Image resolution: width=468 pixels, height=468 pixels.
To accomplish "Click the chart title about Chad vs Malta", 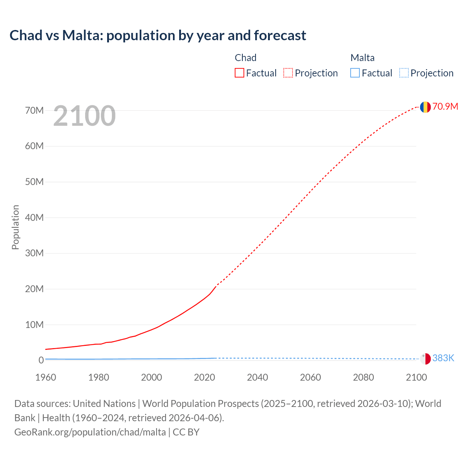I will tap(158, 35).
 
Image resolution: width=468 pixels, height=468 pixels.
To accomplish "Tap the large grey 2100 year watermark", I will tap(84, 116).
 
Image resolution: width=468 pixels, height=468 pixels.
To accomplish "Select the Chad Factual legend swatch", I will tap(239, 73).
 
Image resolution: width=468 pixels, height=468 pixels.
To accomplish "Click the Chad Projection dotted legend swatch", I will tap(288, 73).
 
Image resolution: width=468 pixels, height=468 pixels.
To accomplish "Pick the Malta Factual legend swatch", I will tap(355, 73).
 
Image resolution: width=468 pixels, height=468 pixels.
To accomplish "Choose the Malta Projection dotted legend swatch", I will tap(404, 73).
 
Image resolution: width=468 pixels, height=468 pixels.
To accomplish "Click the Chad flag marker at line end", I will tap(425, 107).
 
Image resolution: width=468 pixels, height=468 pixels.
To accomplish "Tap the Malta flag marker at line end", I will tap(425, 359).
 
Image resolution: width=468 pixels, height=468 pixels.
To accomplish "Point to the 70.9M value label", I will tap(445, 106).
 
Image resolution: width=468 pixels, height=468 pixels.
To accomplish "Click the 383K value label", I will tap(443, 358).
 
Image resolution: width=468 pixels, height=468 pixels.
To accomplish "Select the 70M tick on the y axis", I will tap(34, 110).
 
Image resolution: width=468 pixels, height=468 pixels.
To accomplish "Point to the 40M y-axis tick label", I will tap(34, 218).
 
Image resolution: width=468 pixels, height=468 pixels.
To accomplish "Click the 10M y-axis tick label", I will tap(34, 325).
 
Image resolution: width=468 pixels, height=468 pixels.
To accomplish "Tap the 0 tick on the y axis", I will tap(41, 360).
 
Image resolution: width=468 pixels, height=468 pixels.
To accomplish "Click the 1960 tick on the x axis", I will tap(46, 377).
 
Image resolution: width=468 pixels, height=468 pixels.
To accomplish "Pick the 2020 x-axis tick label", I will tap(204, 377).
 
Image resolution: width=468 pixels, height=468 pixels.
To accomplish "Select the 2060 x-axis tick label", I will tap(310, 377).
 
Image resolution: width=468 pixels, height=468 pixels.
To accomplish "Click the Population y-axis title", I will tap(15, 227).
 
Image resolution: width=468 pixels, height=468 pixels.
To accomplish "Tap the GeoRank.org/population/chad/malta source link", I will tap(90, 432).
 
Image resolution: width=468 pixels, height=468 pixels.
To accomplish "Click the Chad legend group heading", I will tap(245, 58).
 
